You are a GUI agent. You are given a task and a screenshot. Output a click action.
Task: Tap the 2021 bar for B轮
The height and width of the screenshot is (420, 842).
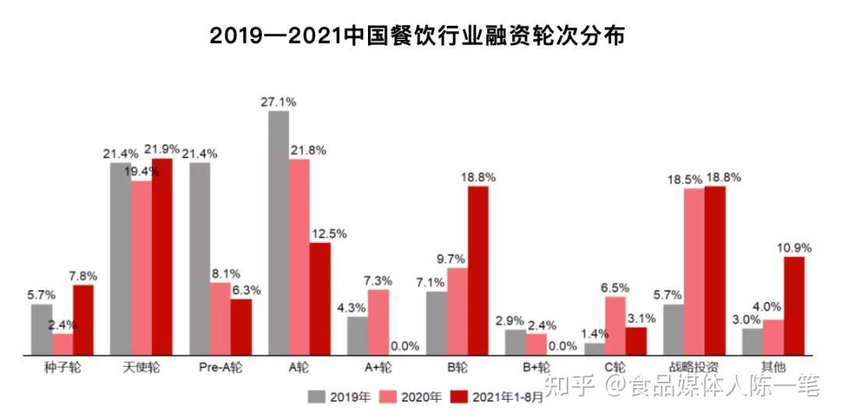[478, 270]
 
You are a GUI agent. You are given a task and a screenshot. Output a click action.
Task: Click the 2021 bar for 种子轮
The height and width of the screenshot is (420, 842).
[83, 320]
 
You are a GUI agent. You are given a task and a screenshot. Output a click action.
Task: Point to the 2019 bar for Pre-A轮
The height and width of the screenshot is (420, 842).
[200, 258]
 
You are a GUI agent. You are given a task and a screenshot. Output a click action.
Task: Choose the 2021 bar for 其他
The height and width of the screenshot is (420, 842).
[794, 306]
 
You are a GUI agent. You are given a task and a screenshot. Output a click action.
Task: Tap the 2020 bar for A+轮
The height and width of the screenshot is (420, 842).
[378, 322]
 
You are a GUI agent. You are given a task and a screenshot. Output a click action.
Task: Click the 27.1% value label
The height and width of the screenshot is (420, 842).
[278, 101]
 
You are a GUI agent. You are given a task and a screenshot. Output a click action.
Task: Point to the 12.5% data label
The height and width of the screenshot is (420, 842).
[328, 233]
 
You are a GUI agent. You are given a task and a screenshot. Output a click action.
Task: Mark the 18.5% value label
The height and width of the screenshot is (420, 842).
[683, 180]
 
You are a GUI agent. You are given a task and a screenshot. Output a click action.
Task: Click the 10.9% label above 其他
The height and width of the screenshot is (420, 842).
[794, 247]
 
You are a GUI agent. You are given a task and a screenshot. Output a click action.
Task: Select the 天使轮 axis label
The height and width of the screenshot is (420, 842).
[141, 367]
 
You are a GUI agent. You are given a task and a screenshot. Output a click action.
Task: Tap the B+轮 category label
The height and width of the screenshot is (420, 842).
[536, 367]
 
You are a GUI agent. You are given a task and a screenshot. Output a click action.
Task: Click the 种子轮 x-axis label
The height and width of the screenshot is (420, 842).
[62, 367]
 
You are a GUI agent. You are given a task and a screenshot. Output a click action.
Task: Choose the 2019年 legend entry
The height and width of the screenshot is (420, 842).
[339, 397]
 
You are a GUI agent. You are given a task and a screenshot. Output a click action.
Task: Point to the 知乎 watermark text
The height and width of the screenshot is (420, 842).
[572, 386]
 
